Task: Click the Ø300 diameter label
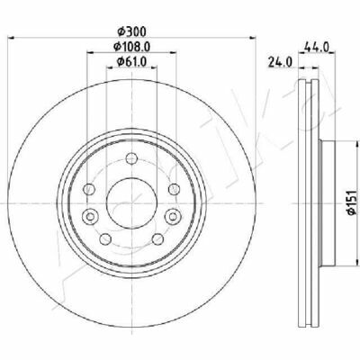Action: [131, 31]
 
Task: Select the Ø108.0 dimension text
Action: [131, 47]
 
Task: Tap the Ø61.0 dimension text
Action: [131, 62]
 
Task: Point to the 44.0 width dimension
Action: [317, 47]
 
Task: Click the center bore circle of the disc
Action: [132, 203]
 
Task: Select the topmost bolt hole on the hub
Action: [131, 158]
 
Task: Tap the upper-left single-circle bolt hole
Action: [89, 189]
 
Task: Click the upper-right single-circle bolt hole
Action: [174, 189]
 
